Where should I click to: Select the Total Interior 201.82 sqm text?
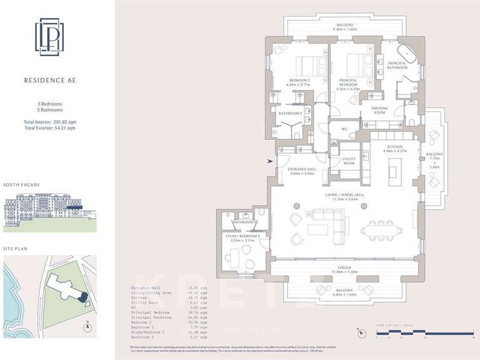pos(49,121)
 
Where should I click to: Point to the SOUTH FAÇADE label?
pos(22,186)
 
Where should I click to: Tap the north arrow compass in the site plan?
pos(89,327)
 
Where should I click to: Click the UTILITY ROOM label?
pos(349,161)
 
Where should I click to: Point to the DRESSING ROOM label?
pos(379,111)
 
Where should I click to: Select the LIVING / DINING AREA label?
pos(341,196)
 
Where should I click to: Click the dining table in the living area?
pos(381,229)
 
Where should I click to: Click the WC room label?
pos(344,129)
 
